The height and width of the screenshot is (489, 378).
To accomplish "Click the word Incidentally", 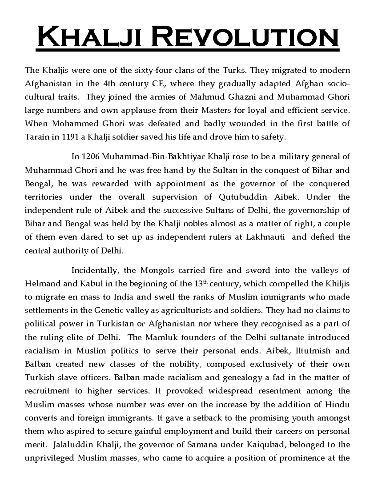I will pos(94,270).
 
